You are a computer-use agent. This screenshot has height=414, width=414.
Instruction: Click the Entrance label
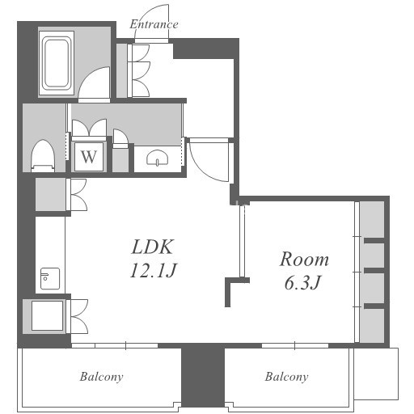point(154,24)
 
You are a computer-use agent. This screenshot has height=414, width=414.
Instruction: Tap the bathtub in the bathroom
point(57,63)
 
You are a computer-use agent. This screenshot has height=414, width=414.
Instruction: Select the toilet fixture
point(43,156)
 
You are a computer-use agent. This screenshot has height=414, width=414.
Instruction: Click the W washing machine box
point(89,156)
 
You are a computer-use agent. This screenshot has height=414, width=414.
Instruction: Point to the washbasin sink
point(158,157)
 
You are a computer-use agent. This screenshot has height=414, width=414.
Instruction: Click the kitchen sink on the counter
point(50,278)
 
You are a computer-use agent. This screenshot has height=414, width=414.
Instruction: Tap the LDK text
point(153,247)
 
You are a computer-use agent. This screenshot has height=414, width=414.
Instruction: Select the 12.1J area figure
point(153,270)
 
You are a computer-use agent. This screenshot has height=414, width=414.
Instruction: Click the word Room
point(304,260)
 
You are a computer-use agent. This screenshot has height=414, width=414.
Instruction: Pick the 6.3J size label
point(302,282)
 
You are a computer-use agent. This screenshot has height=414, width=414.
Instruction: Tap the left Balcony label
point(101,377)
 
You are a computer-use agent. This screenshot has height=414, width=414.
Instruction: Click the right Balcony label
point(286,377)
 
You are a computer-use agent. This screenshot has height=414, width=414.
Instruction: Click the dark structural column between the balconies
point(203,378)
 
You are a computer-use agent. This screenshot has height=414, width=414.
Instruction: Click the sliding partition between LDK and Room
point(242,240)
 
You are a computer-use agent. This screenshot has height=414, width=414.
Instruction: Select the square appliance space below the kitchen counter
point(47,316)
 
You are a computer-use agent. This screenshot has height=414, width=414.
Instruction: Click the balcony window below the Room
point(295,345)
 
